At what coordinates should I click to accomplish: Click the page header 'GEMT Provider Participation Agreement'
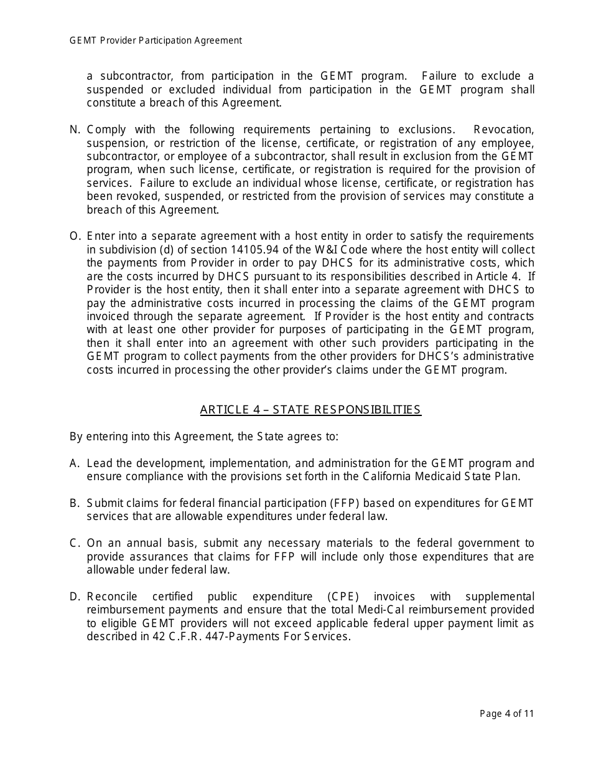coord(156,40)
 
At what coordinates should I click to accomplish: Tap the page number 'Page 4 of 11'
coord(506,714)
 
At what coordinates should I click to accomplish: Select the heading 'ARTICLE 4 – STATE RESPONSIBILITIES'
coord(310,410)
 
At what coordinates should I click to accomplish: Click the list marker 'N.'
coord(75,130)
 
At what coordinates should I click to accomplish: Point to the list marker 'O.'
coord(75,236)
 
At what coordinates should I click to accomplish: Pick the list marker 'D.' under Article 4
coord(75,597)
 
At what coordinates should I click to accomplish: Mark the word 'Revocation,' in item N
coord(503,130)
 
